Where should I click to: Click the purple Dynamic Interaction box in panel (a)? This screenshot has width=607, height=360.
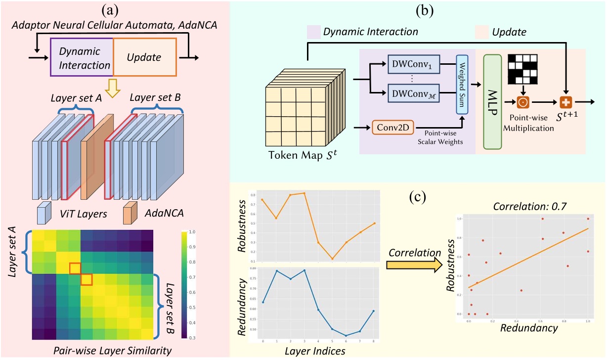click(x=82, y=58)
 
